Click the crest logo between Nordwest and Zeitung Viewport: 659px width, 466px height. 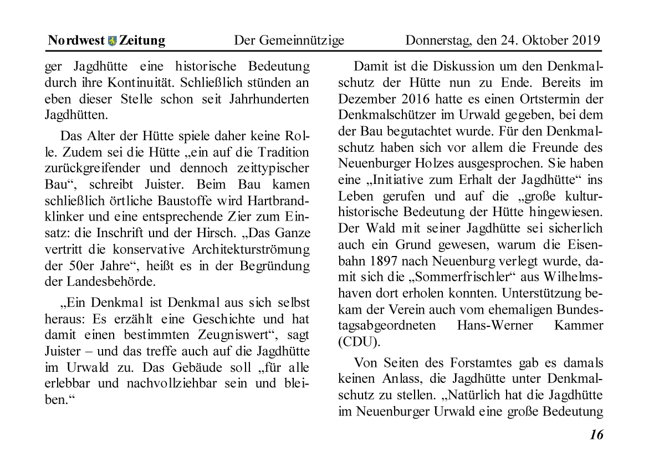[113, 40]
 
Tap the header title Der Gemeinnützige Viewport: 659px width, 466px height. [289, 40]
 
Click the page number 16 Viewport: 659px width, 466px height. [596, 434]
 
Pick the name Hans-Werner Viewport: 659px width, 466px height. [494, 325]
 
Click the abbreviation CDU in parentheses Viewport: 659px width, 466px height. [358, 341]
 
